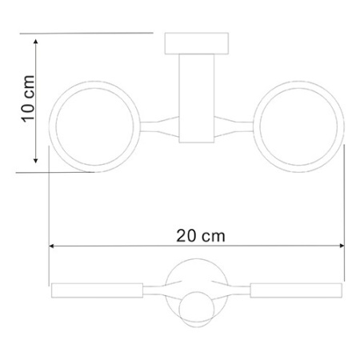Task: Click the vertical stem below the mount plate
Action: point(197,96)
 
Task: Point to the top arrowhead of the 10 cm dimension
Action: point(37,39)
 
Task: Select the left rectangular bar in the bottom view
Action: point(96,290)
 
